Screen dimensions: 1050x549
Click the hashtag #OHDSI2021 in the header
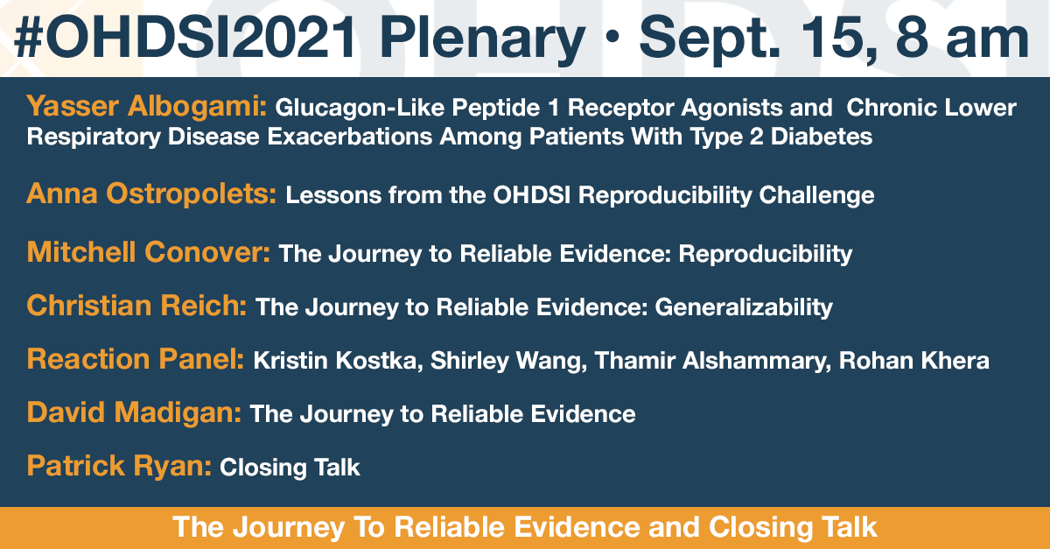pyautogui.click(x=185, y=37)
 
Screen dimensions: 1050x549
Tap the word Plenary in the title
pyautogui.click(x=483, y=41)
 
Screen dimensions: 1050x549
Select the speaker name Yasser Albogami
pyautogui.click(x=146, y=107)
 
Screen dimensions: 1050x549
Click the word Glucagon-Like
pyautogui.click(x=360, y=108)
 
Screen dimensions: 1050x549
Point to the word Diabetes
pyautogui.click(x=822, y=137)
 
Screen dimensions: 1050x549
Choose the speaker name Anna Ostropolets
pyautogui.click(x=151, y=194)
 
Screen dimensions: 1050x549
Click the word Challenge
pyautogui.click(x=816, y=195)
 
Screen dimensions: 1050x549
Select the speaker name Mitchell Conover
pyautogui.click(x=148, y=252)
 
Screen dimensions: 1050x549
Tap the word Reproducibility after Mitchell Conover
pyautogui.click(x=765, y=254)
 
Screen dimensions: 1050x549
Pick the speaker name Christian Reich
pyautogui.click(x=136, y=306)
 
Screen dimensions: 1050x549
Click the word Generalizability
pyautogui.click(x=744, y=308)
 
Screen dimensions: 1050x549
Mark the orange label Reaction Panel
pyautogui.click(x=136, y=359)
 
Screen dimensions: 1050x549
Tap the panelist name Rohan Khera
pyautogui.click(x=914, y=361)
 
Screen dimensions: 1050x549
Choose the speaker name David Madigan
pyautogui.click(x=134, y=412)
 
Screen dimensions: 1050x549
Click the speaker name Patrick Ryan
pyautogui.click(x=119, y=466)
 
